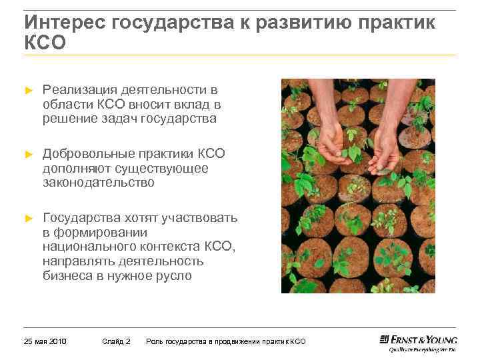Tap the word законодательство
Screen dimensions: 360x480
click(x=98, y=183)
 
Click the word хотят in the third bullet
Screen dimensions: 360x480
click(x=135, y=218)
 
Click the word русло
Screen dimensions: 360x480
click(x=174, y=275)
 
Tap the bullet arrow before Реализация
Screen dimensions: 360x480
click(x=28, y=90)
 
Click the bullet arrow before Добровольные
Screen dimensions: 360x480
click(x=28, y=154)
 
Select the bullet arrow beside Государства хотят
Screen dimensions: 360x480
click(x=28, y=218)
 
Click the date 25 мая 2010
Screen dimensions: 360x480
click(x=45, y=341)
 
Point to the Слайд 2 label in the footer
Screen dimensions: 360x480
click(x=117, y=341)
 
